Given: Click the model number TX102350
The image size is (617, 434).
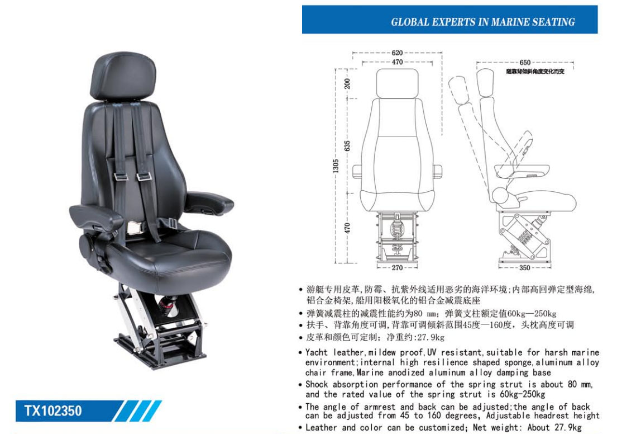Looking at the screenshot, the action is click(53, 411).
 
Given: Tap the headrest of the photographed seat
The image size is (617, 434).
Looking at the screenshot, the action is click(123, 76).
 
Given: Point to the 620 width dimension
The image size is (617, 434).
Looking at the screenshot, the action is click(397, 53).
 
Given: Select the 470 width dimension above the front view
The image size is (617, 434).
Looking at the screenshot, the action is click(397, 62).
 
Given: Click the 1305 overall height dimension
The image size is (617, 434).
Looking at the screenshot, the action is click(336, 166).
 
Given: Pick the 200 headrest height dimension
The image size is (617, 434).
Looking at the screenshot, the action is click(347, 83).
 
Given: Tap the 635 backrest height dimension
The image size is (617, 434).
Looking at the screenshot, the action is click(347, 146).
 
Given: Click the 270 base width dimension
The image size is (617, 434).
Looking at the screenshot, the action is click(397, 268).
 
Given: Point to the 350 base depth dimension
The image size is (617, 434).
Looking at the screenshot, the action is click(524, 268).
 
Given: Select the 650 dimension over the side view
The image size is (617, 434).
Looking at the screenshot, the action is click(525, 62).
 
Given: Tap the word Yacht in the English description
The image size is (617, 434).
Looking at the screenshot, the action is click(317, 352).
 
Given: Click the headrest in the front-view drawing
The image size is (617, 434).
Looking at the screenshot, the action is click(397, 83).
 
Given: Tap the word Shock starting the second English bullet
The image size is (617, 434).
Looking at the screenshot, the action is click(317, 384).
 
